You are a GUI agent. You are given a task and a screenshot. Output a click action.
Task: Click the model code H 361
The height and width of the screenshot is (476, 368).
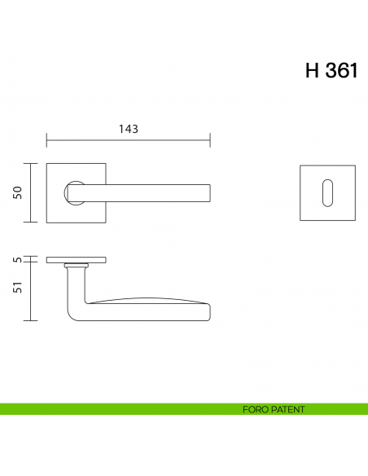331,71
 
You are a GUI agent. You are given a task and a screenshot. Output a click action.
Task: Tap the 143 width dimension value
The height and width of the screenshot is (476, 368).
128,129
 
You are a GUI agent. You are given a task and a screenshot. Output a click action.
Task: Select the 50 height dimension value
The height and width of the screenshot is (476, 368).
16,192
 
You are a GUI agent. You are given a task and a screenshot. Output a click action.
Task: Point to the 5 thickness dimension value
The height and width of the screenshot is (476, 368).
16,260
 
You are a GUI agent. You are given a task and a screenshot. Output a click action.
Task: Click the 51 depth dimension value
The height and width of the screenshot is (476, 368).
16,287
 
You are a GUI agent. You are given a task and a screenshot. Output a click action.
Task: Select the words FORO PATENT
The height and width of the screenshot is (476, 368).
274,409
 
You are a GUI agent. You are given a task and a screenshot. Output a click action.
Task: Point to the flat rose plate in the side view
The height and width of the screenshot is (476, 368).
76,260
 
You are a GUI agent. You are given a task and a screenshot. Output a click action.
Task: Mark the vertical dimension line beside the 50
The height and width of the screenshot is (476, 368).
31,192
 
